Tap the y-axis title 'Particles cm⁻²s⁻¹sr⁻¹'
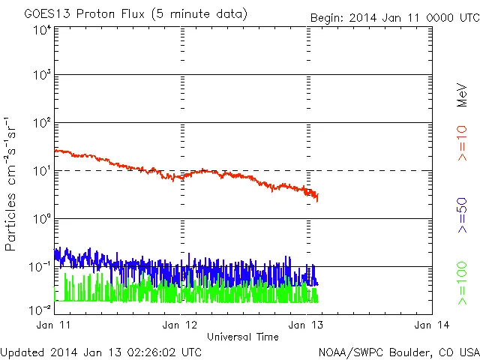[10, 183]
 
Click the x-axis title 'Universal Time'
[242, 337]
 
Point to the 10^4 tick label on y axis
[42, 30]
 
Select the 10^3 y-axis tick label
[42, 76]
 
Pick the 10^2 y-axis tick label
[42, 124]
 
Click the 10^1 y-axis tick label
[42, 172]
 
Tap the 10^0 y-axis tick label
[42, 220]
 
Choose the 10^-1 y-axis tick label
[40, 267]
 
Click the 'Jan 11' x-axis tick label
[53, 325]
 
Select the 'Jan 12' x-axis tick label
[180, 325]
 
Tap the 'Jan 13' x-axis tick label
[307, 325]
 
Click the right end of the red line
[318, 199]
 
